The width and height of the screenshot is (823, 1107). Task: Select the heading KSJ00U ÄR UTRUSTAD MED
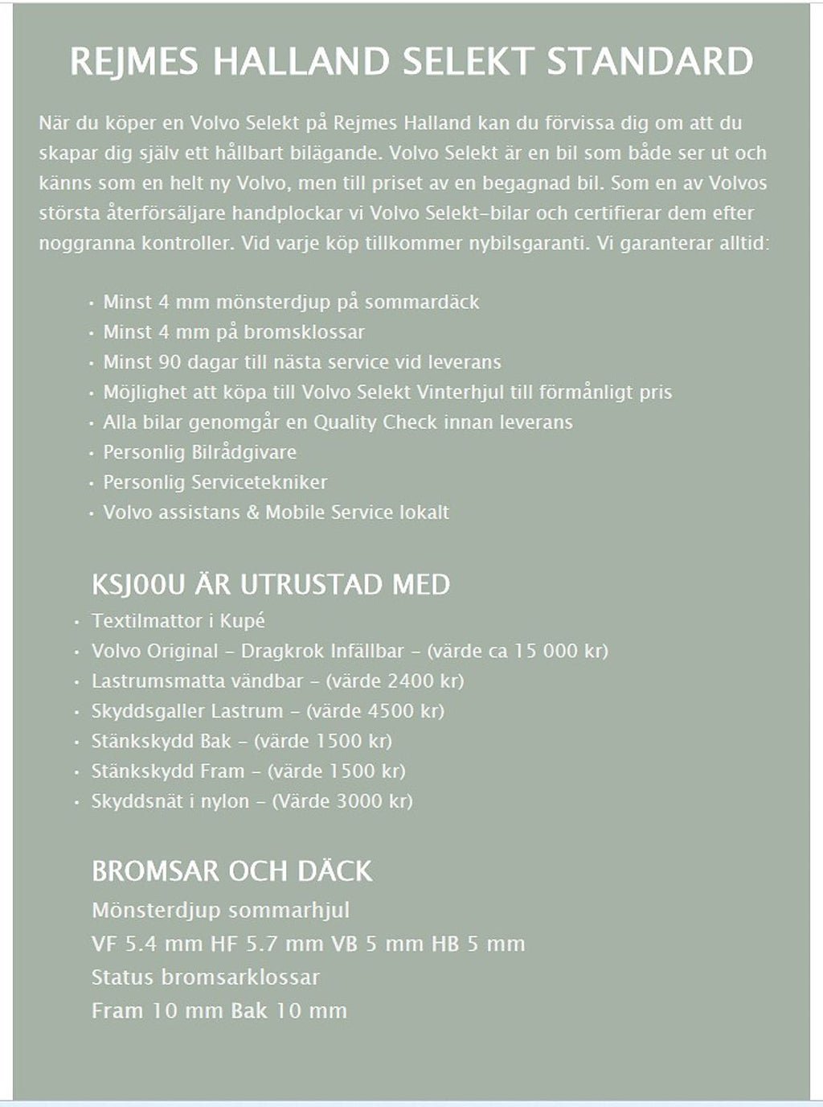click(x=271, y=584)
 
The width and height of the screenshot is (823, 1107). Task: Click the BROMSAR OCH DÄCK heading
click(x=232, y=870)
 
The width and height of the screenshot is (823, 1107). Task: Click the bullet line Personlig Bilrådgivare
click(x=199, y=452)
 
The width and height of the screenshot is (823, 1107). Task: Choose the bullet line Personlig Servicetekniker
click(x=215, y=482)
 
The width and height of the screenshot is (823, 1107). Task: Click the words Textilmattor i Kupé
click(x=178, y=620)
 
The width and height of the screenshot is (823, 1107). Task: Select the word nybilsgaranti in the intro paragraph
click(x=527, y=243)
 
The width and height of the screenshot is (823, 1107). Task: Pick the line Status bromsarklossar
click(x=206, y=977)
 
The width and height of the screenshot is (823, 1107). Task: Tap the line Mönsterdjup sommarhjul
click(x=221, y=911)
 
